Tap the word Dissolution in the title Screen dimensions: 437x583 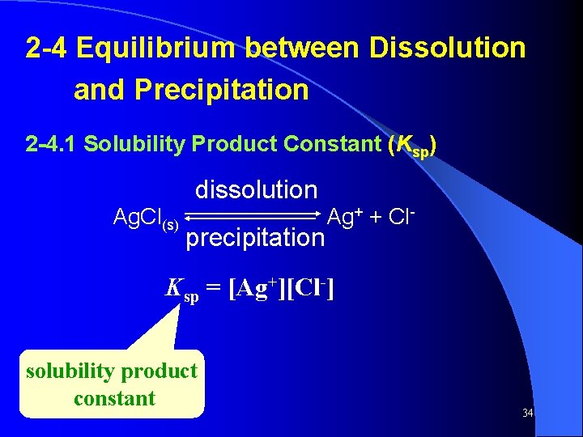pyautogui.click(x=447, y=49)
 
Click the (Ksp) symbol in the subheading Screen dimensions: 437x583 pyautogui.click(x=414, y=146)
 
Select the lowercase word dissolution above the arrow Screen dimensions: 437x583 pyautogui.click(x=256, y=190)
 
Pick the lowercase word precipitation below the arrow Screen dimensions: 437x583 pyautogui.click(x=255, y=237)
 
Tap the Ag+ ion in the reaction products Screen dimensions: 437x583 pyautogui.click(x=344, y=216)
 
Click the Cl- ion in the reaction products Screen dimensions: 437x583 pyautogui.click(x=400, y=216)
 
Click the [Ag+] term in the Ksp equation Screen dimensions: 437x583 pyautogui.click(x=256, y=287)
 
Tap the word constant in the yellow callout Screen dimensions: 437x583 pyautogui.click(x=114, y=398)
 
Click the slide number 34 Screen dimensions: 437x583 pyautogui.click(x=527, y=414)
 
